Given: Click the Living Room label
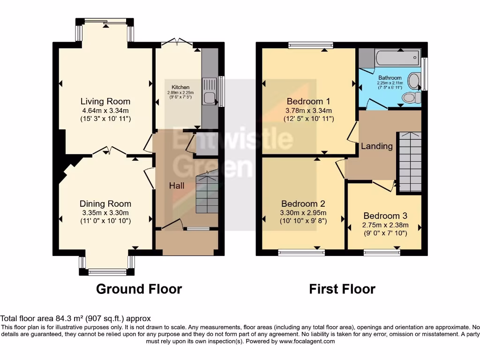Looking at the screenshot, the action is (105, 101).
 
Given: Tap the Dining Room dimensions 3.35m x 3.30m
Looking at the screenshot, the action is (105, 212).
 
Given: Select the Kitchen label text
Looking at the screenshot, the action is (180, 87).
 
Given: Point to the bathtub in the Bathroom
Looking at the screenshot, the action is (396, 59).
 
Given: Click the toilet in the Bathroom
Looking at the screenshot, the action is (411, 97).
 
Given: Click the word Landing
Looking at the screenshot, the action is (377, 146).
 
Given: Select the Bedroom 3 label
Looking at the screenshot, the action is (385, 216).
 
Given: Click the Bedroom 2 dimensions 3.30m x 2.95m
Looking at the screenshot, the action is (303, 212).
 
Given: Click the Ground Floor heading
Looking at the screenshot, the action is (139, 289).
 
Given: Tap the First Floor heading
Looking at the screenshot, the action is (342, 289).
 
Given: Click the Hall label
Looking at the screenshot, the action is (177, 186).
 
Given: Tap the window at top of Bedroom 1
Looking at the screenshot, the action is (311, 45).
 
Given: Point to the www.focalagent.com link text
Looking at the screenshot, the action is (307, 341).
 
